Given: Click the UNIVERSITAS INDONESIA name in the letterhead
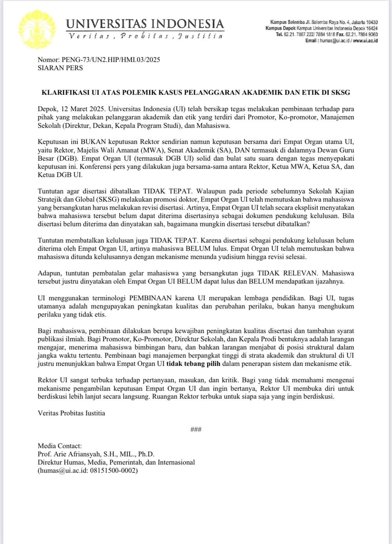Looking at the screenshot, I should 145,23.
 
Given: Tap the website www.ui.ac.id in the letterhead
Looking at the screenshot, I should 365,41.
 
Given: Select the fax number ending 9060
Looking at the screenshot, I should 358,34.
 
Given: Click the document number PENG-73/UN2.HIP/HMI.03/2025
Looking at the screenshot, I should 111,60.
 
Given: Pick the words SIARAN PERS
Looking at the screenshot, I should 60,68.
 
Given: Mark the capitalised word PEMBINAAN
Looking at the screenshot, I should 151,298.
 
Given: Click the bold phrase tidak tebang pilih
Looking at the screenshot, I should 193,363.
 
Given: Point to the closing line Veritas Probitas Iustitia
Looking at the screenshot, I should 71,413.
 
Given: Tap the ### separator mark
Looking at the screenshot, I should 196,430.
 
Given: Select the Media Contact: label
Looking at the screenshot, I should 60,446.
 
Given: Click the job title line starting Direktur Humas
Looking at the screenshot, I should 116,462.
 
